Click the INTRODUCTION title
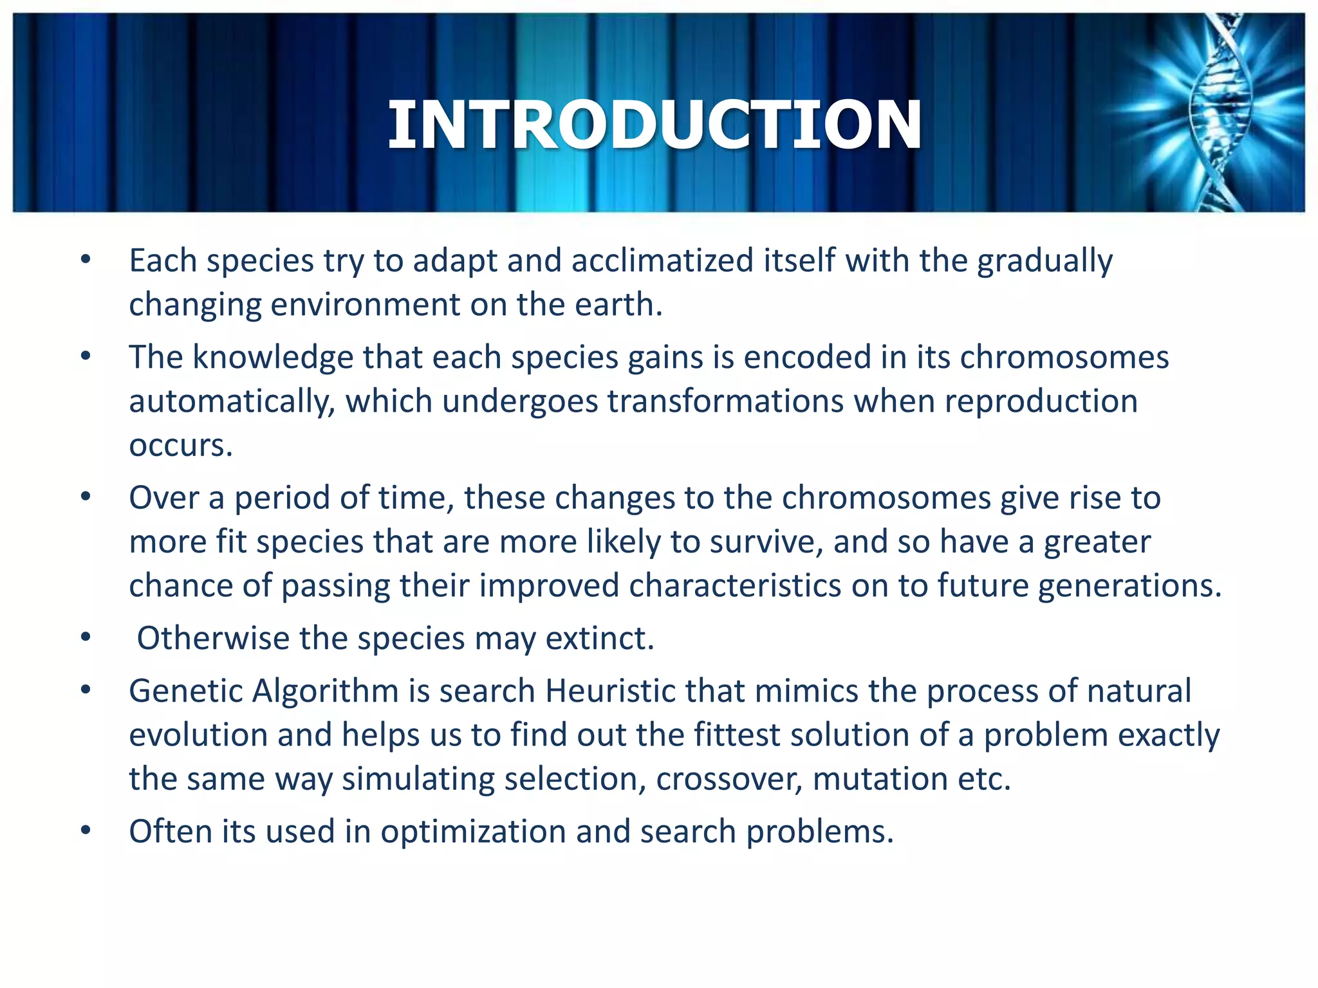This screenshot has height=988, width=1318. tap(654, 126)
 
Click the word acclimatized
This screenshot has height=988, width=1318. tap(662, 261)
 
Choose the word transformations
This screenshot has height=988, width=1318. tap(725, 401)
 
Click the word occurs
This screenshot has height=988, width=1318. tap(180, 446)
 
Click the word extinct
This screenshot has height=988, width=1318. tap(600, 639)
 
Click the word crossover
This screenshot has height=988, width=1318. tap(729, 779)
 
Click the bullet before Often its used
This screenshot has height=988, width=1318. tap(86, 830)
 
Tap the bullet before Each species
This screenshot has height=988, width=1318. tap(86, 260)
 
